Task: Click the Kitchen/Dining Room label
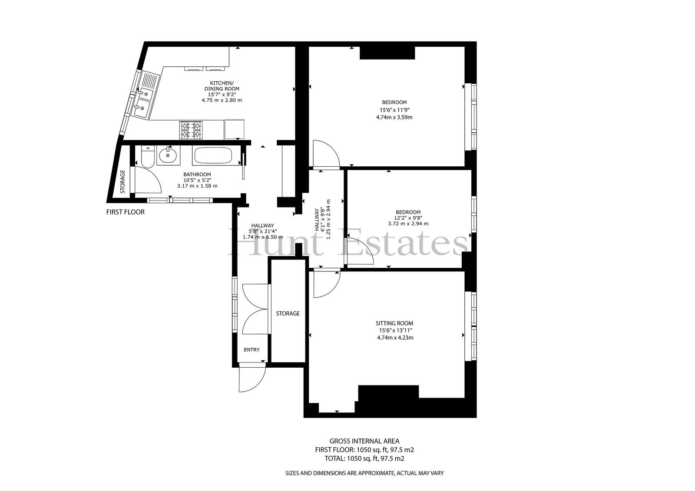pyautogui.click(x=222, y=86)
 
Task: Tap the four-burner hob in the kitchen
pyautogui.click(x=191, y=130)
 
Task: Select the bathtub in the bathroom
pyautogui.click(x=217, y=156)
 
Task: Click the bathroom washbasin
pyautogui.click(x=169, y=156)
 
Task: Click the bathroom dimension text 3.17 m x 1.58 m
pyautogui.click(x=197, y=186)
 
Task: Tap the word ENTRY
pyautogui.click(x=252, y=350)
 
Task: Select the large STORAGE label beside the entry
pyautogui.click(x=288, y=313)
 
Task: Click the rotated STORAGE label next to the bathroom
pyautogui.click(x=122, y=182)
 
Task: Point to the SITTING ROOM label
pyautogui.click(x=394, y=323)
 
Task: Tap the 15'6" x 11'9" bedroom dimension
pyautogui.click(x=394, y=110)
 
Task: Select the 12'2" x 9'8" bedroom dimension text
pyautogui.click(x=408, y=218)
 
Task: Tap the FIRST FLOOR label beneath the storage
pyautogui.click(x=126, y=212)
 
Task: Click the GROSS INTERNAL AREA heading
pyautogui.click(x=364, y=441)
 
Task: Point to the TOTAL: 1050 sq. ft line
pyautogui.click(x=364, y=458)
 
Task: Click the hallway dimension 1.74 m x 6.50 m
pyautogui.click(x=263, y=237)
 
